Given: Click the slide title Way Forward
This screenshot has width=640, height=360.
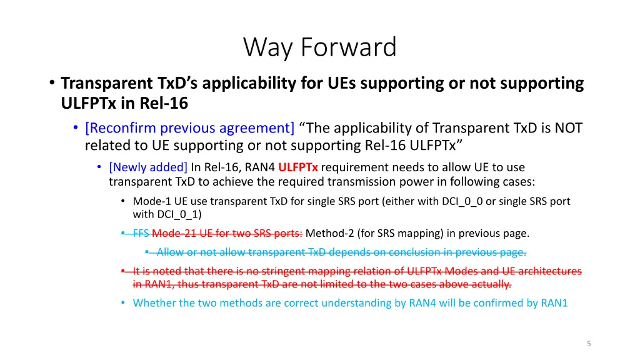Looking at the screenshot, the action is [x=319, y=47].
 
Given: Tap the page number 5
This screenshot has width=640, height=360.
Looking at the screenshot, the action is [x=589, y=344].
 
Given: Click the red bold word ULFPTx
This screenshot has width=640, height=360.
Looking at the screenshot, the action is [x=298, y=167].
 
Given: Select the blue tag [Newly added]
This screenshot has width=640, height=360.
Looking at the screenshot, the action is [x=148, y=167].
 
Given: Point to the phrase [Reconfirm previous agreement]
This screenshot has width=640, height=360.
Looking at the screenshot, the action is [x=190, y=127].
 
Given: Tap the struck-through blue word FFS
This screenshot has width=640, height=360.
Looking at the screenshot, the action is [x=141, y=233].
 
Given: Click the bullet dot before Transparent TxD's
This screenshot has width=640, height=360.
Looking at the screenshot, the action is [x=52, y=83].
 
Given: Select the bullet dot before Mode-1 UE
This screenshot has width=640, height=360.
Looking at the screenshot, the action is [x=123, y=201].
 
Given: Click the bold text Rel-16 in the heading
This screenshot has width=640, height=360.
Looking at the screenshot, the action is [x=164, y=103].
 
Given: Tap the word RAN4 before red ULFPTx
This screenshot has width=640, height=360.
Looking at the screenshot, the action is [x=259, y=167].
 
